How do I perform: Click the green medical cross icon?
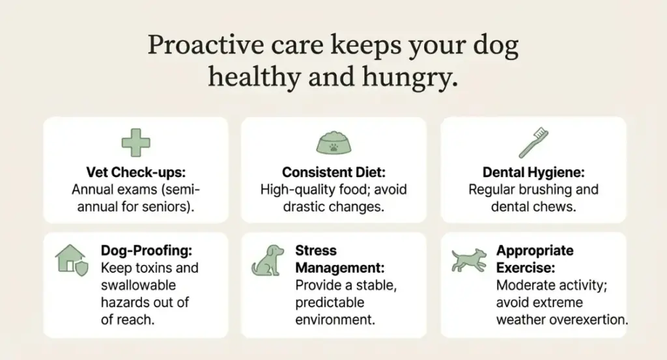pyautogui.click(x=135, y=143)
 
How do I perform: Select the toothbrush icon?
pyautogui.click(x=532, y=143)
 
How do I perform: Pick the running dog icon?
pyautogui.click(x=470, y=259)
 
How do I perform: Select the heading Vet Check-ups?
pyautogui.click(x=135, y=173)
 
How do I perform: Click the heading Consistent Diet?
pyautogui.click(x=333, y=173)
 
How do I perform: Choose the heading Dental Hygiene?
pyautogui.click(x=533, y=173)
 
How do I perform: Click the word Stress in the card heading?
pyautogui.click(x=316, y=250)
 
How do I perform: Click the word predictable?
pyautogui.click(x=330, y=302)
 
